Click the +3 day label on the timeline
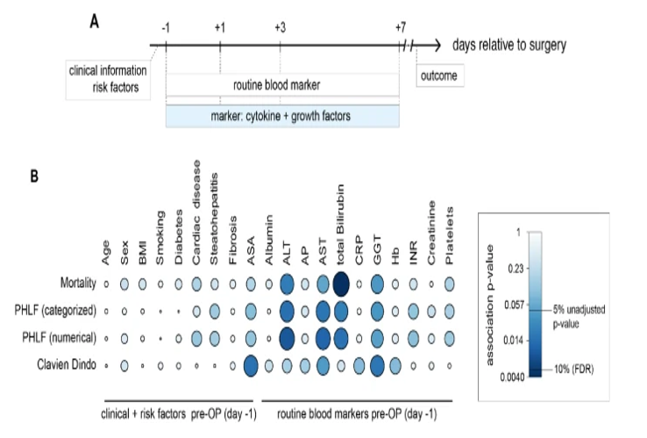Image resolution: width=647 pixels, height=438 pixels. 280,27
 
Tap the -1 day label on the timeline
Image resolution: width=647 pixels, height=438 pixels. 165,27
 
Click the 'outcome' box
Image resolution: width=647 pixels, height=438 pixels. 437,75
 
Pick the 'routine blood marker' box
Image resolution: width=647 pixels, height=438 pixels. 281,86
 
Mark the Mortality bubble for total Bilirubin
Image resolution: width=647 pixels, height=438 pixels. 341,284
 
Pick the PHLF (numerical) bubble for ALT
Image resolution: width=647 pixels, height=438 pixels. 287,337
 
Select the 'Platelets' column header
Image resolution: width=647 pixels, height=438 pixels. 451,237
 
